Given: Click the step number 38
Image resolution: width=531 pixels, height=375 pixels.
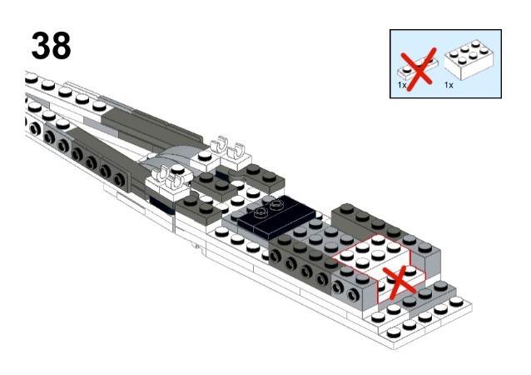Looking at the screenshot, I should pos(51,46).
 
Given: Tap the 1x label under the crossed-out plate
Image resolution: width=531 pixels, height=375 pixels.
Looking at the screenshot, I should pos(403,85).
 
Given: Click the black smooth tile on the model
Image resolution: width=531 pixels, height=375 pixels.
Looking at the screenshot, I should pos(275,217).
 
